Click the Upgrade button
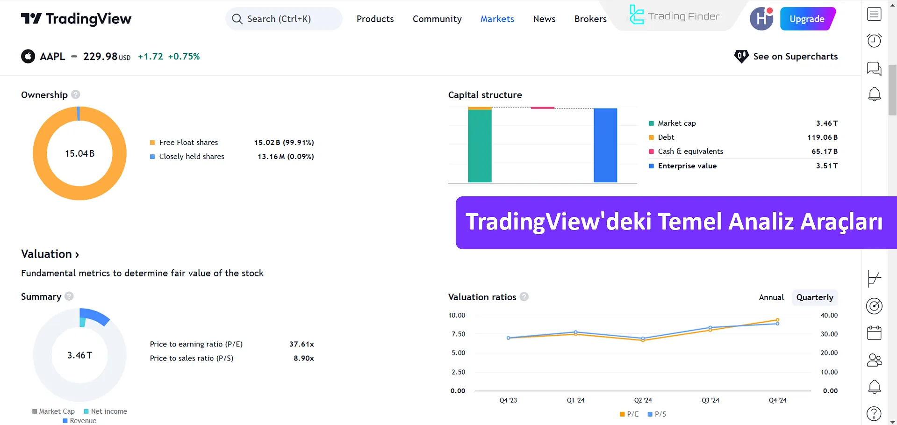point(807,19)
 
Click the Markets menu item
point(497,19)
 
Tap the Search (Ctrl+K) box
point(284,19)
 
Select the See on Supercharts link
point(795,57)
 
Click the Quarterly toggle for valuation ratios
point(814,297)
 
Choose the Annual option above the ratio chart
point(771,297)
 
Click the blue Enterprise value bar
point(605,145)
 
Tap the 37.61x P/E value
point(301,344)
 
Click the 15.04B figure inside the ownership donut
point(79,154)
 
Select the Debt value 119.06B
point(822,137)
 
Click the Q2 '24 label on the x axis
point(643,400)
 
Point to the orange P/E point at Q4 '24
point(777,320)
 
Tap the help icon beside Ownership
point(76,94)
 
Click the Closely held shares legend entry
point(191,157)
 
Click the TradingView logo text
point(88,19)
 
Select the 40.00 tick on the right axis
point(829,316)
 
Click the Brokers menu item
point(590,19)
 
